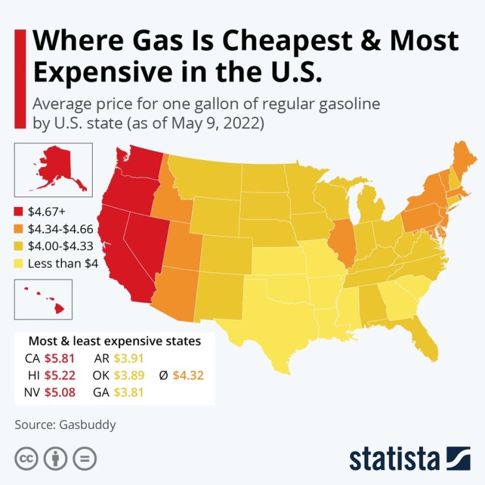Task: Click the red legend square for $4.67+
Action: pyautogui.click(x=18, y=211)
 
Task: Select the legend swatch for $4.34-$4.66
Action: pyautogui.click(x=18, y=229)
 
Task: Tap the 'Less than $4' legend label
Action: pyautogui.click(x=63, y=264)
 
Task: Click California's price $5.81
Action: pyautogui.click(x=59, y=358)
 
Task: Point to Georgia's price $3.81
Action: pyautogui.click(x=129, y=392)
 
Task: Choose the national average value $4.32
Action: pyautogui.click(x=188, y=375)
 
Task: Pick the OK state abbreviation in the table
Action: pyautogui.click(x=101, y=375)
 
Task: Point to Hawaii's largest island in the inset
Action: pyautogui.click(x=59, y=308)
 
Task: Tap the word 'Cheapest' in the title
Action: pyautogui.click(x=287, y=41)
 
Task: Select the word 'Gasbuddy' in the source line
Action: pyautogui.click(x=87, y=425)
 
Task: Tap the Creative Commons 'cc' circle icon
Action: pyautogui.click(x=26, y=458)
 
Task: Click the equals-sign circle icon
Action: pyautogui.click(x=84, y=458)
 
